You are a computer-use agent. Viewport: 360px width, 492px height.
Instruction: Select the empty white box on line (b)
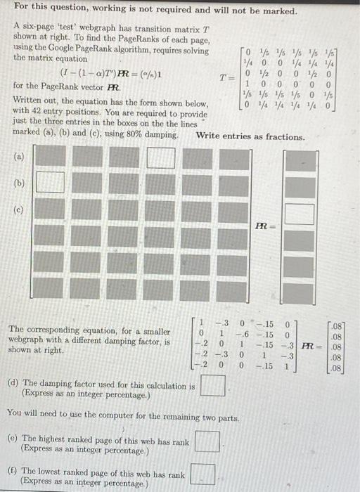[50, 183]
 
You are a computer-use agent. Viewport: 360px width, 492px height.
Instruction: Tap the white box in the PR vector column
[303, 213]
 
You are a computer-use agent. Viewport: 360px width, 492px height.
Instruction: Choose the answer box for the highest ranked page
[207, 441]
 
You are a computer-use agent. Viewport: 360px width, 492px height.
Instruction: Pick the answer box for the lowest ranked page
[202, 474]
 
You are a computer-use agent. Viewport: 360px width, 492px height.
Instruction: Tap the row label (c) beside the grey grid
[20, 208]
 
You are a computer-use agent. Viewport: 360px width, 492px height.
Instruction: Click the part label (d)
[13, 384]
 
